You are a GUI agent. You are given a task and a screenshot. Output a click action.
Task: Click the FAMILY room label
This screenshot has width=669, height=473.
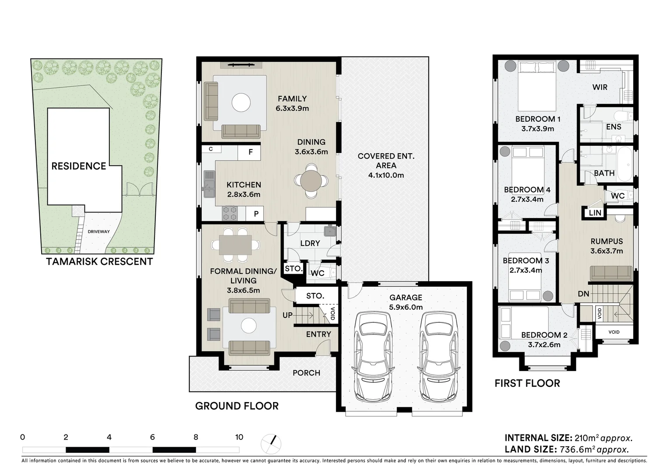pos(292,99)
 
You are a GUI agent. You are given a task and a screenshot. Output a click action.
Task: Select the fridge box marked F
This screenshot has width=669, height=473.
pos(250,152)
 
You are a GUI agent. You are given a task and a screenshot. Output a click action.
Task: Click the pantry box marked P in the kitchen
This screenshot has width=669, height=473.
pos(256,214)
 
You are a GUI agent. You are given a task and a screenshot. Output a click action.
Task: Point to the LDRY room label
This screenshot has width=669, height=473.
pos(310,243)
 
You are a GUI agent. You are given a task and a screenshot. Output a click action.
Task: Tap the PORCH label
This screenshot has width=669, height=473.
pos(306,373)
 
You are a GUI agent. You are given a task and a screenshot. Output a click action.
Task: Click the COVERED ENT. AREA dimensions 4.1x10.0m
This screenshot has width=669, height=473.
pos(385,175)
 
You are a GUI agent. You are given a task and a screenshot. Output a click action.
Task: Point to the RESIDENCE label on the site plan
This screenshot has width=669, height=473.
pos(79,166)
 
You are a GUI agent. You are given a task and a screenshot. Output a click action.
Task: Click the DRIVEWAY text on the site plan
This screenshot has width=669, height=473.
pos(98,232)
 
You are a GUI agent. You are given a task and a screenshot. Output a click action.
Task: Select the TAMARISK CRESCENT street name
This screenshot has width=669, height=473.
pos(99,262)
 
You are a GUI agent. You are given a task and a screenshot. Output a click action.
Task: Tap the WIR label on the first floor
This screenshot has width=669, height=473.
pos(599,87)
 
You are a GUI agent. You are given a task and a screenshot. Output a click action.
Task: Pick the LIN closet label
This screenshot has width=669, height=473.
pos(595,213)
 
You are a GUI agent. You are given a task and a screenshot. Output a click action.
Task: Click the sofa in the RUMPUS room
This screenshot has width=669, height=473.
pos(611,273)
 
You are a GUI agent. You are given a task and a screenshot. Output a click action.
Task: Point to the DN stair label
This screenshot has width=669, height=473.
pos(583,294)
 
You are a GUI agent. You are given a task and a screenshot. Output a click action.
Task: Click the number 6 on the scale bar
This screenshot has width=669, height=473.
pos(152,437)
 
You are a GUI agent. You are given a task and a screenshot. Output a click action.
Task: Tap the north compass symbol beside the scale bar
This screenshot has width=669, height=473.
pos(271,444)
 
